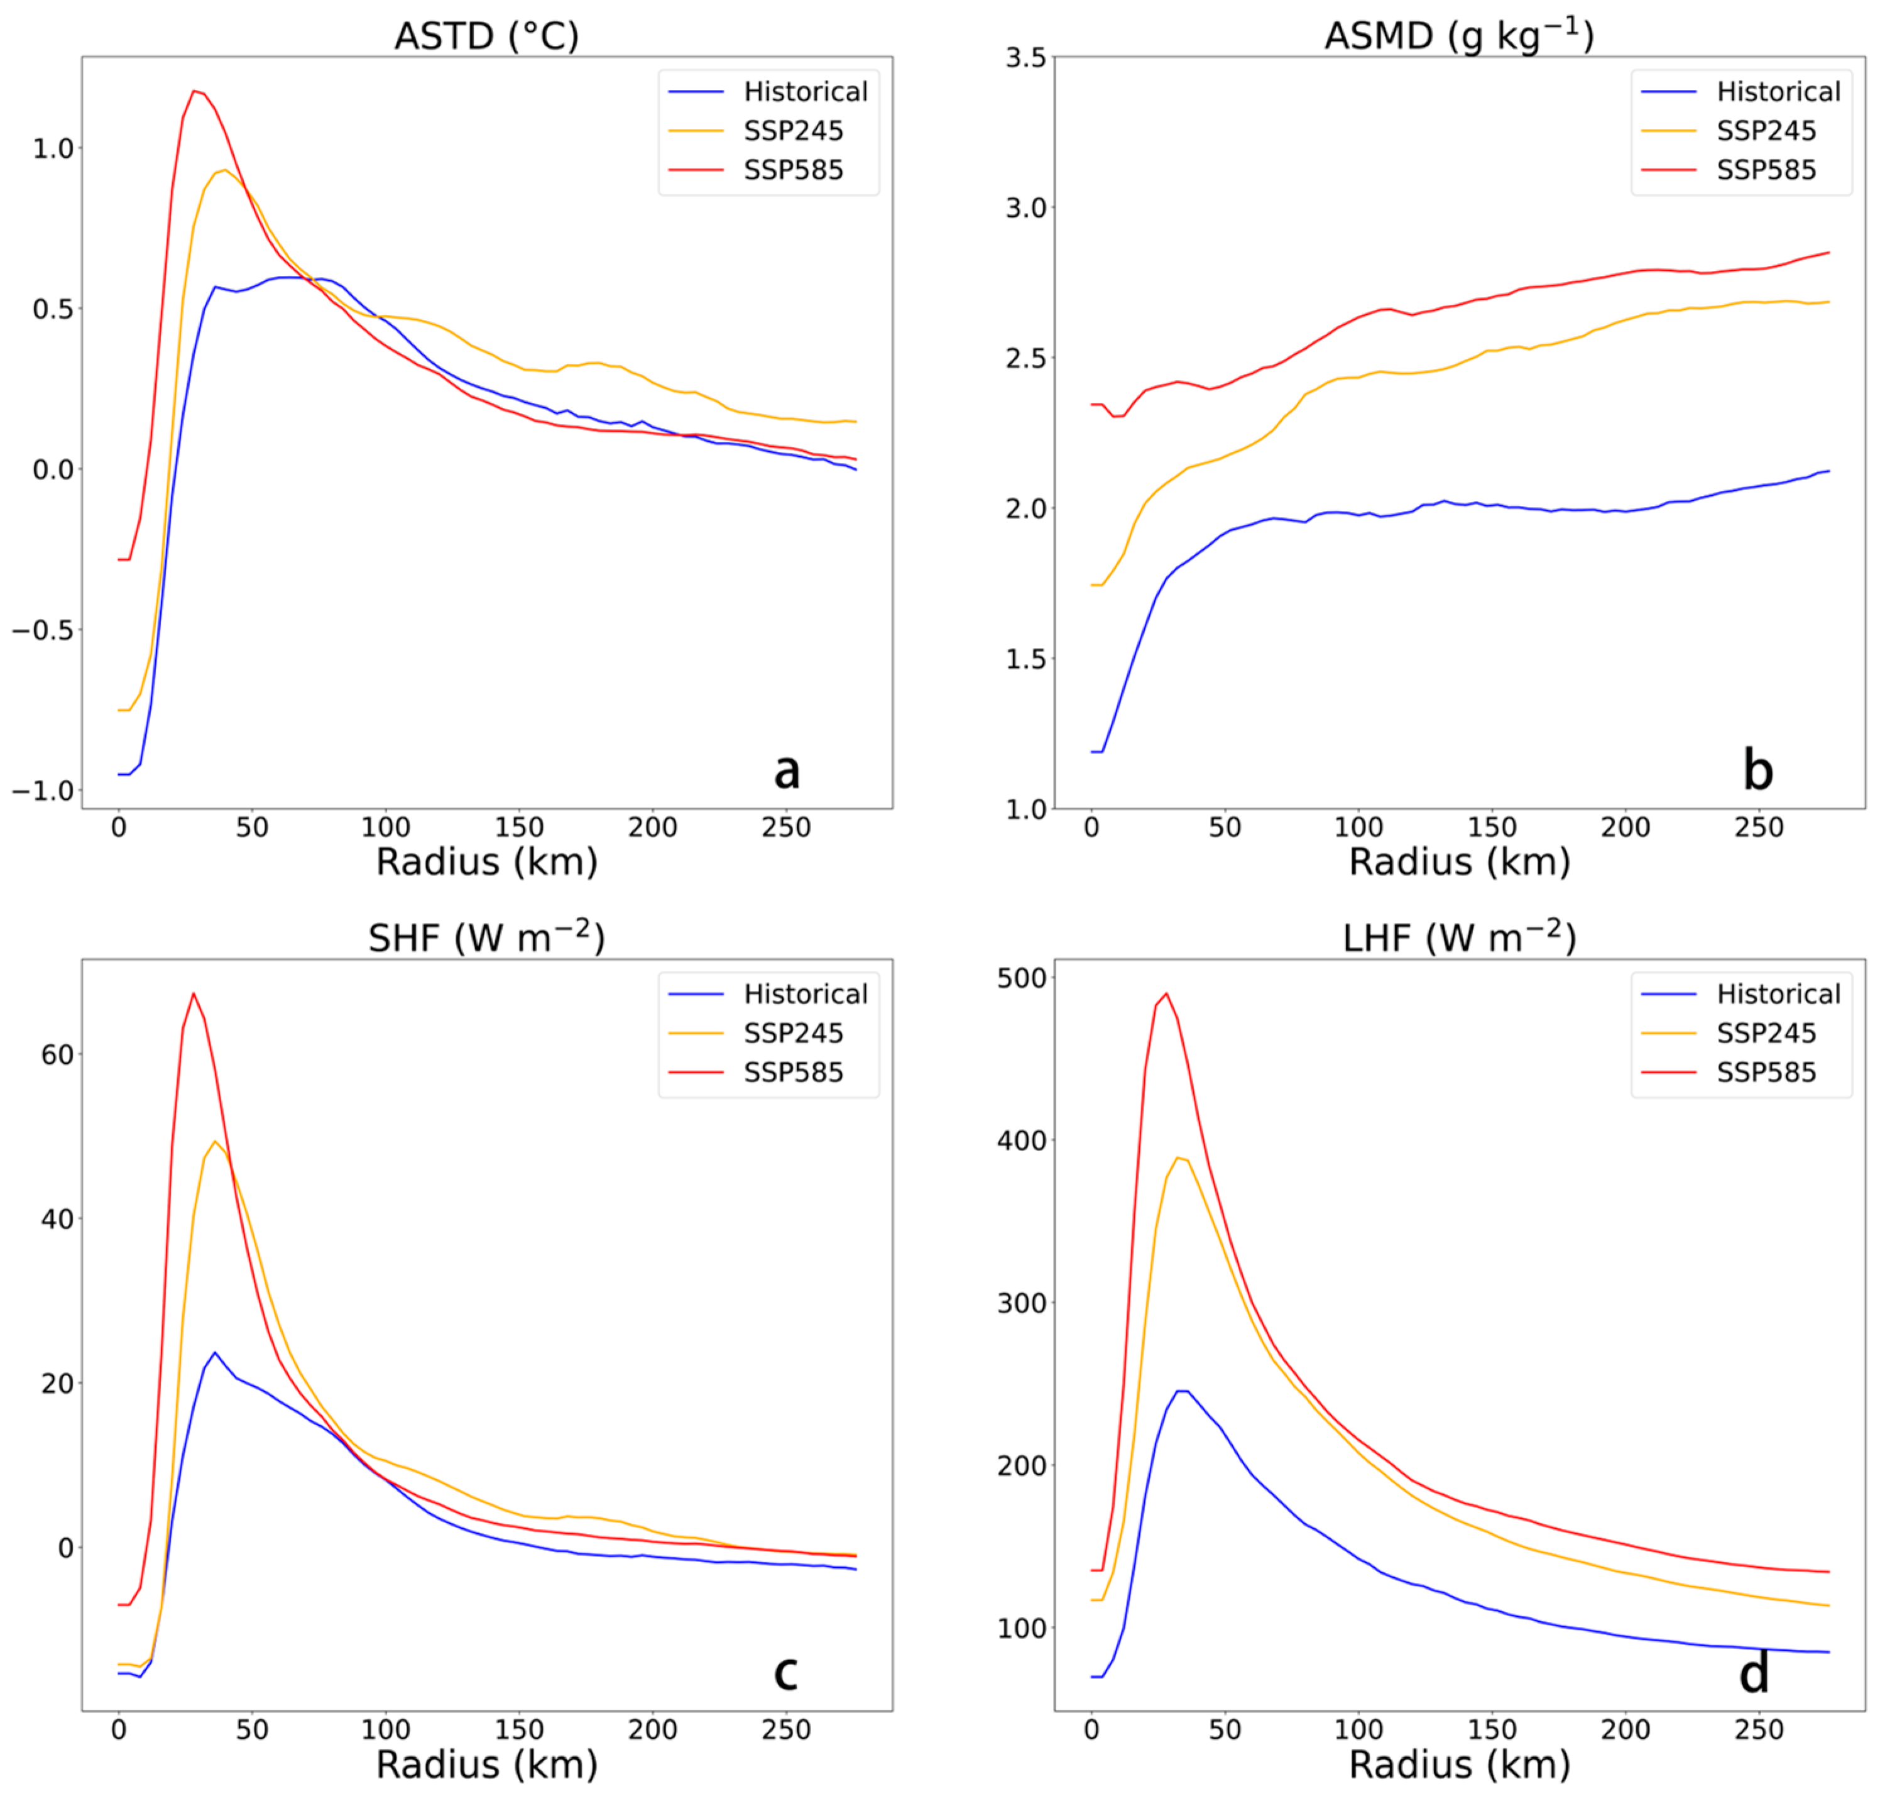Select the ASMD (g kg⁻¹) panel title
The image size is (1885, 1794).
(1458, 36)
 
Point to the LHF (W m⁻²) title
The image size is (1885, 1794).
(1458, 938)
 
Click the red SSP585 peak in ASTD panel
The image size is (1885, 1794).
(195, 92)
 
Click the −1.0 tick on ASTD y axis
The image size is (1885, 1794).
(42, 791)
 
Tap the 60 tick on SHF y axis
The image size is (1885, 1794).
(57, 1055)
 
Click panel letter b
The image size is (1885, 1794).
(1757, 771)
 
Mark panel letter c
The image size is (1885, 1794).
(785, 1673)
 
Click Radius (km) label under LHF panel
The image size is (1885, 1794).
(1458, 1764)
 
